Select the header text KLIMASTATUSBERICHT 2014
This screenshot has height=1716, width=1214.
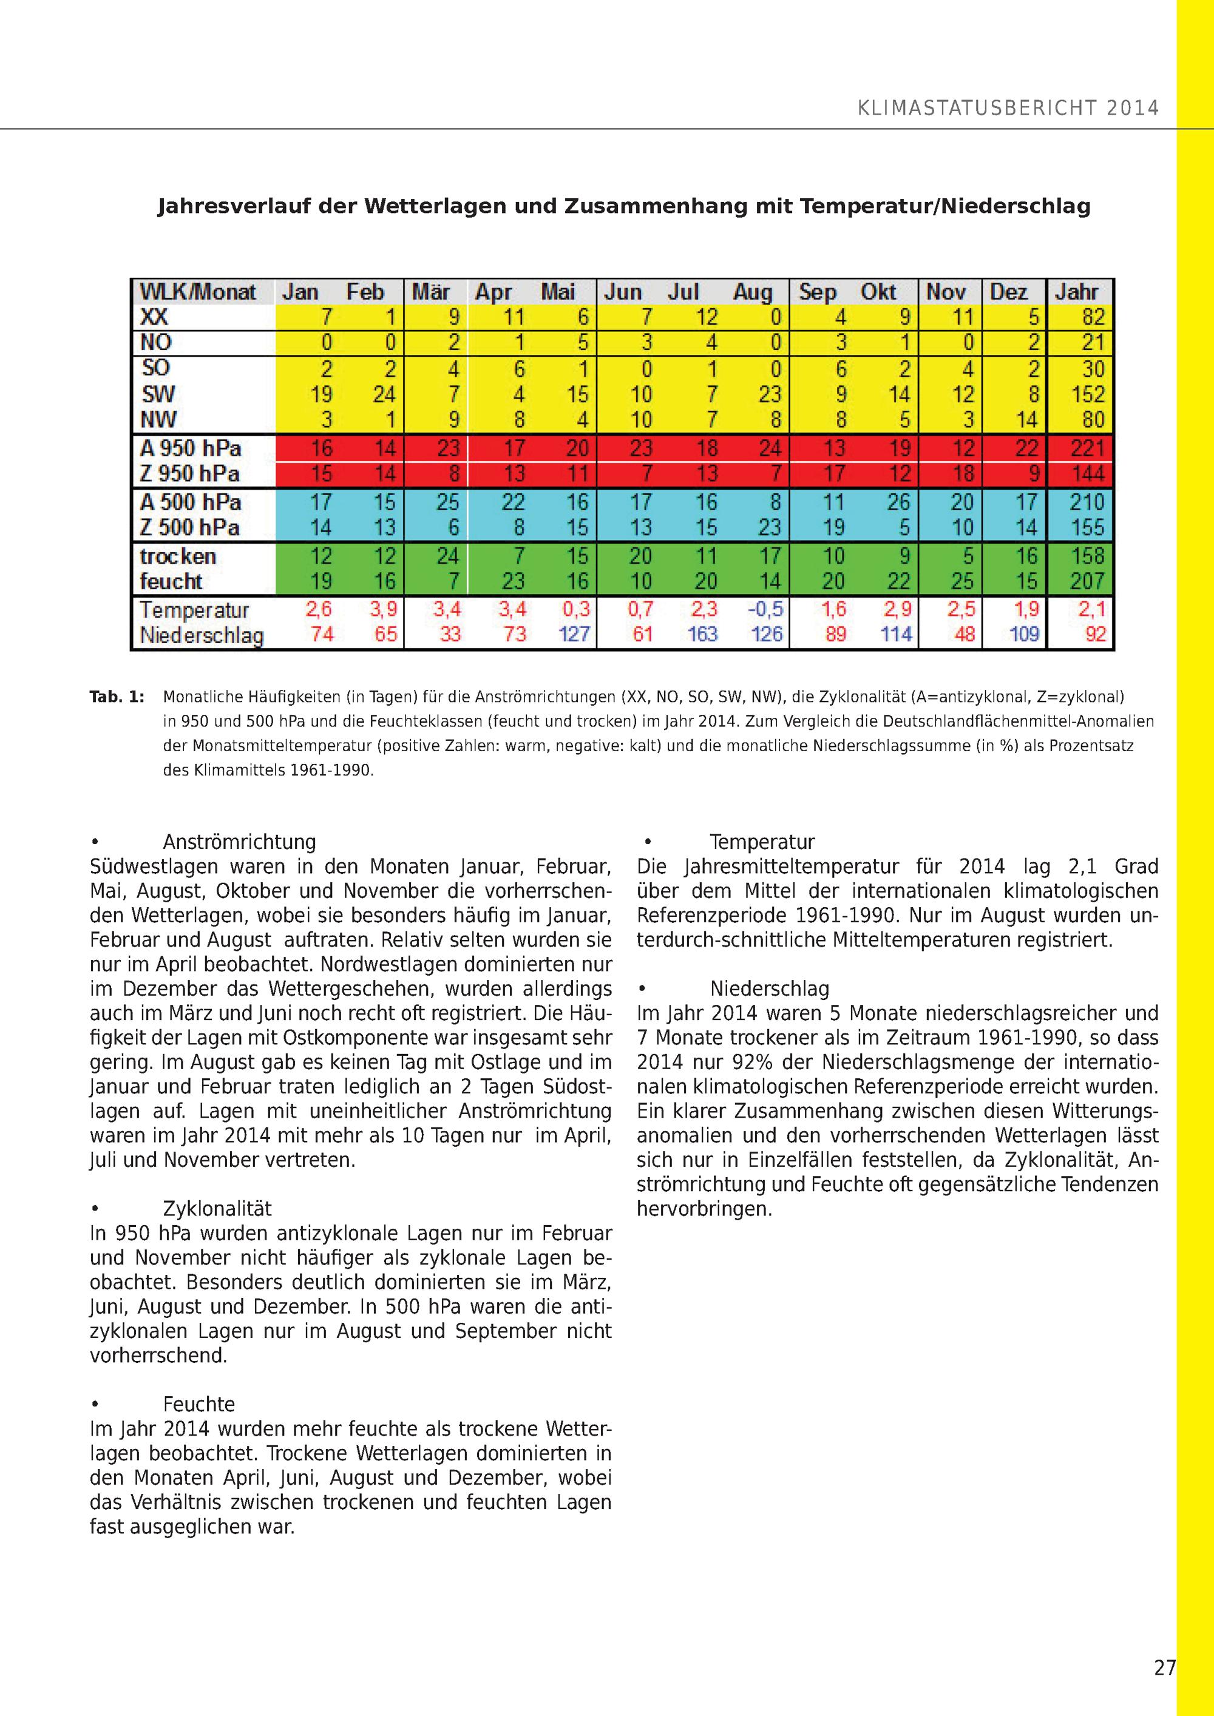pyautogui.click(x=1008, y=109)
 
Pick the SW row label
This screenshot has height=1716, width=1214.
pyautogui.click(x=158, y=394)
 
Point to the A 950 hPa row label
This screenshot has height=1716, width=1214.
pyautogui.click(x=191, y=448)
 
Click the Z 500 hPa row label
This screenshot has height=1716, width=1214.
pyautogui.click(x=190, y=528)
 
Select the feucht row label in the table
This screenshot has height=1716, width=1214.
pyautogui.click(x=171, y=581)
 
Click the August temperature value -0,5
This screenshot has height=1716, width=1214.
pyautogui.click(x=765, y=609)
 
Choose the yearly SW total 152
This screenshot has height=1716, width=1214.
pyautogui.click(x=1088, y=394)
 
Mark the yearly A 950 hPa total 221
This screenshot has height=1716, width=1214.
pyautogui.click(x=1087, y=448)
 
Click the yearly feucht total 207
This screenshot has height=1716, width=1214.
pyautogui.click(x=1087, y=581)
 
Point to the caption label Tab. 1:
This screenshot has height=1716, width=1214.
pyautogui.click(x=117, y=697)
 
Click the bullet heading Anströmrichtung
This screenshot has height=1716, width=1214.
pyautogui.click(x=239, y=842)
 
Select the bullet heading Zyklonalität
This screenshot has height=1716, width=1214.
pyautogui.click(x=217, y=1209)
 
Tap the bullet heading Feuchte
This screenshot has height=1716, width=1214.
pyautogui.click(x=199, y=1404)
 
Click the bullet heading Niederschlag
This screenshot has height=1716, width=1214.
pyautogui.click(x=769, y=989)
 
